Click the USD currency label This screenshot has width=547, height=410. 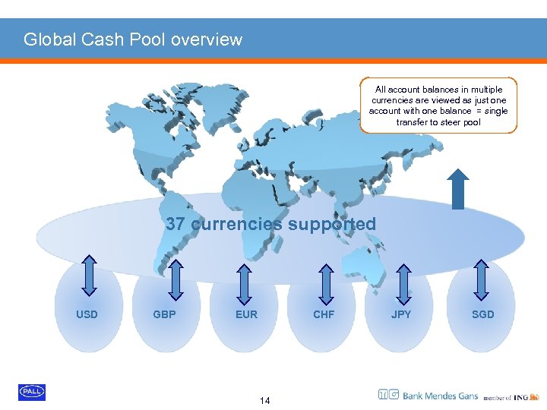87,314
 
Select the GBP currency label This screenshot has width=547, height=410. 165,314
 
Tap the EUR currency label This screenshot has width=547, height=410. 246,314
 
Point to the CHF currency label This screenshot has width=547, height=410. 324,314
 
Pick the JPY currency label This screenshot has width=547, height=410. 401,314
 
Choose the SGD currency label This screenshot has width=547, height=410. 482,314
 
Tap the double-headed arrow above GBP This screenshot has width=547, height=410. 175,279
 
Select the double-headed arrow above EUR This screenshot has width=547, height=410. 245,282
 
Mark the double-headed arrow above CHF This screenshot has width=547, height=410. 325,282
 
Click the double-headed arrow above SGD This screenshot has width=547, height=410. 482,277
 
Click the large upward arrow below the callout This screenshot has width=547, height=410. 458,188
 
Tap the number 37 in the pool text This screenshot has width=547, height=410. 175,224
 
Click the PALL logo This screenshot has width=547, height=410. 32,392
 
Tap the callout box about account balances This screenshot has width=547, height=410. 438,105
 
